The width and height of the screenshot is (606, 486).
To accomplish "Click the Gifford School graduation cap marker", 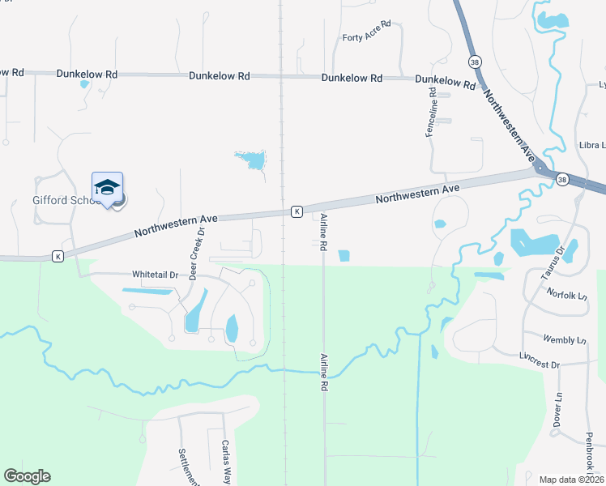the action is (107, 187).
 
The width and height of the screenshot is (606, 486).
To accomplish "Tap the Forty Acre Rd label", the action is (366, 37).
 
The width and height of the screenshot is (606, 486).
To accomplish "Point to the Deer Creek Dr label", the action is (197, 254).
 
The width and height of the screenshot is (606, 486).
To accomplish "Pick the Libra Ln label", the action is (591, 145).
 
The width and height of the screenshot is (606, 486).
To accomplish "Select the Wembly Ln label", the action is (565, 339).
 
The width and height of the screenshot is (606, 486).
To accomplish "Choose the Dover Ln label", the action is (558, 411).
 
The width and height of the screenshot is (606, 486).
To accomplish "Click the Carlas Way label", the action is (226, 462).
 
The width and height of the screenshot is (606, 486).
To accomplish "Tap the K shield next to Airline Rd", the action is (297, 211).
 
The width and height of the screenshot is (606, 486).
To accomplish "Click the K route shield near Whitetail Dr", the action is (58, 256).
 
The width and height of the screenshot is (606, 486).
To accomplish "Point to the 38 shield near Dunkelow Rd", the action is (473, 61).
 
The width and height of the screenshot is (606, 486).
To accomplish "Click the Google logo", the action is (28, 476).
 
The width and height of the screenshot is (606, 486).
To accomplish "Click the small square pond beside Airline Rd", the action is (344, 256).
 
